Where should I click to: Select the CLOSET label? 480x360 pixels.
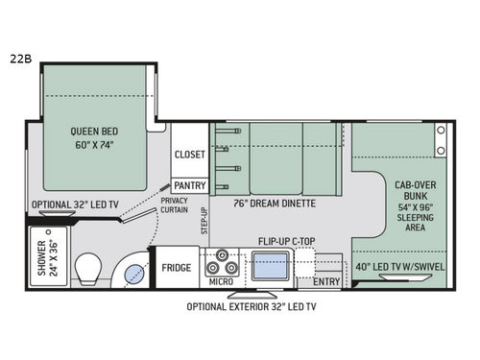click(x=190, y=154)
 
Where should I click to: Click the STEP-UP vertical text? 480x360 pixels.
click(x=204, y=222)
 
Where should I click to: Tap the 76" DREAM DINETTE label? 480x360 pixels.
click(x=276, y=204)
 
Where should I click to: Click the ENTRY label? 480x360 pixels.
click(x=326, y=281)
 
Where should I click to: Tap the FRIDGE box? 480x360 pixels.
click(x=175, y=268)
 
